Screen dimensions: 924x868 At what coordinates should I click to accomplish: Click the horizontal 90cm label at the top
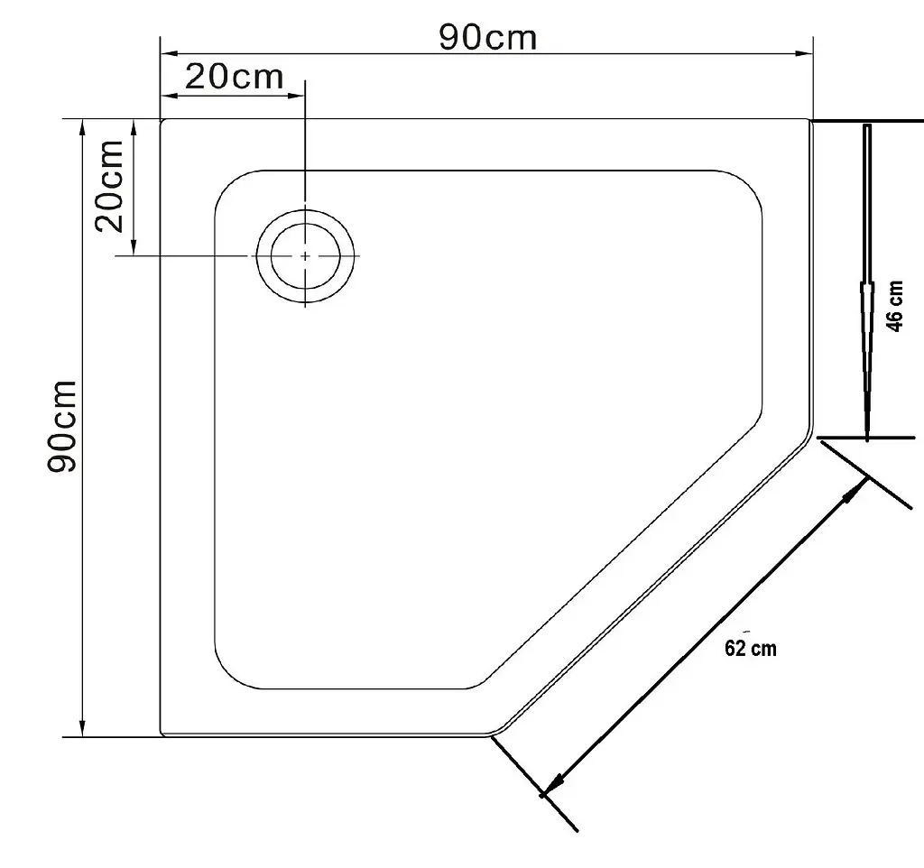point(488,39)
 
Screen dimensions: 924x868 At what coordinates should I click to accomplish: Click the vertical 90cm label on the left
point(62,426)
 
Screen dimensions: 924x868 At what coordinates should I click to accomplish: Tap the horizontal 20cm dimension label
point(235,78)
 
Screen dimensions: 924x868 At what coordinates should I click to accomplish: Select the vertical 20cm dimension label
point(109,186)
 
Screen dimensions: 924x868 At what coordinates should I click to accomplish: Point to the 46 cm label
point(894,307)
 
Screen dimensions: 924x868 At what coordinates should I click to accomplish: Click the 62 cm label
point(750,648)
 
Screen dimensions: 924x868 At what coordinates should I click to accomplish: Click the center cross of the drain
point(305,255)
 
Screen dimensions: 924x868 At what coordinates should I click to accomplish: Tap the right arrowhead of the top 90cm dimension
point(804,53)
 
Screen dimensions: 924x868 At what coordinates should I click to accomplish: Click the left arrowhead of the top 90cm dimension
point(170,53)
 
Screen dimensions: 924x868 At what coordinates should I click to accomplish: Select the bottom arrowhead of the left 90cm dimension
point(83,728)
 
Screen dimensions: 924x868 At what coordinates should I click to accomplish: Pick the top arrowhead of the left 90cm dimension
point(83,128)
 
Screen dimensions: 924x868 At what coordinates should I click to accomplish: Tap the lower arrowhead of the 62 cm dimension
point(554,786)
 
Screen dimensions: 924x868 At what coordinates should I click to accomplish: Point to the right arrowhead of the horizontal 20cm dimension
point(296,95)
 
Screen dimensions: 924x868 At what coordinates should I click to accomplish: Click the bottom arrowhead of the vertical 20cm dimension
point(134,246)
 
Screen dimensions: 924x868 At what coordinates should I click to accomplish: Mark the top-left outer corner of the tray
point(162,120)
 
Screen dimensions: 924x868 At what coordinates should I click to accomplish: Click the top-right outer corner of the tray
point(811,120)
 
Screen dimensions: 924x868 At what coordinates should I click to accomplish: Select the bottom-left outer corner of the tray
point(162,734)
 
